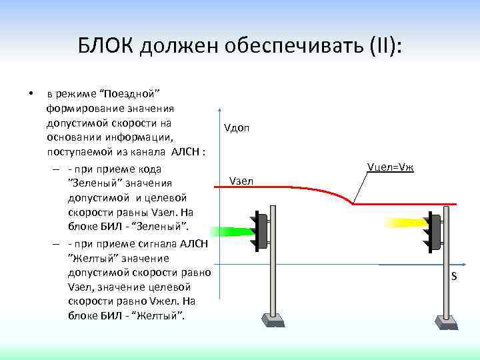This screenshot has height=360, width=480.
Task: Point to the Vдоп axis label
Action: pos(237,127)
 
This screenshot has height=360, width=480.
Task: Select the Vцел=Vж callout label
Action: pos(390,166)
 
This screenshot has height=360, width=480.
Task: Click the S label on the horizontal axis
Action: pos(453,276)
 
